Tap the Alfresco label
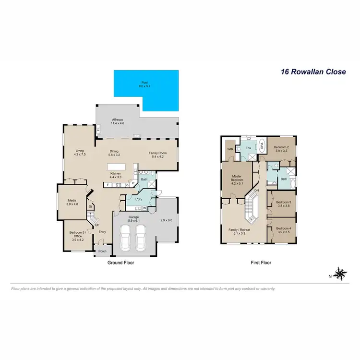[118, 120]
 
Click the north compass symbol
[340, 274]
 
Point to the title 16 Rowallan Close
[313, 72]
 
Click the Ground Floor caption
[120, 263]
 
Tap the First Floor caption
[261, 263]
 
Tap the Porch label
[102, 251]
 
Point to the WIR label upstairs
[230, 149]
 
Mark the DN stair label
[256, 191]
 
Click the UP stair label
[97, 225]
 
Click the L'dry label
[139, 199]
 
